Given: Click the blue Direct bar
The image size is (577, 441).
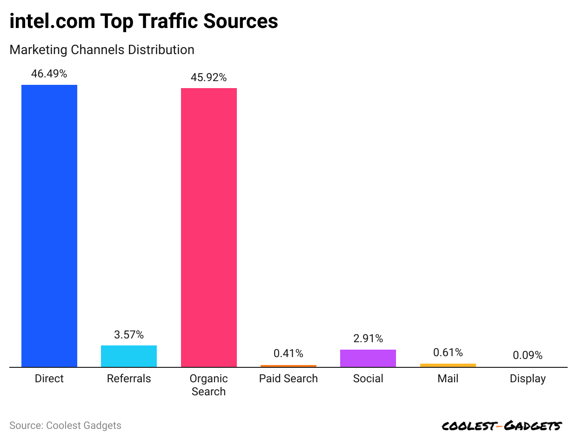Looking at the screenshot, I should click(x=49, y=226).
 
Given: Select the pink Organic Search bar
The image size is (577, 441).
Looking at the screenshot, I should click(x=208, y=227).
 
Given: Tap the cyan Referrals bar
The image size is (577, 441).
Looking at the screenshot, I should click(x=129, y=356).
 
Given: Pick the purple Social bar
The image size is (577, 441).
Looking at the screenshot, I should click(x=368, y=358).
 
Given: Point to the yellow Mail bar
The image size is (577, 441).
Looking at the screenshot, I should click(x=448, y=365).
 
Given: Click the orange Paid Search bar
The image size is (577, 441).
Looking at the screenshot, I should click(x=288, y=366).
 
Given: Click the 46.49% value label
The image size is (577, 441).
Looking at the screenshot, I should click(x=49, y=74).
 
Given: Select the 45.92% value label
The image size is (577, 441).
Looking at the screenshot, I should click(x=208, y=77).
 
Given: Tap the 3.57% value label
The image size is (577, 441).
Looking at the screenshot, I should click(x=129, y=335).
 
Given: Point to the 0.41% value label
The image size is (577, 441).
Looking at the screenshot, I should click(x=288, y=354).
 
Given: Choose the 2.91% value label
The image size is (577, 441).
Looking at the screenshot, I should click(x=368, y=338).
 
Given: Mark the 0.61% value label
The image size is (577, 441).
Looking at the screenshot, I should click(x=448, y=352).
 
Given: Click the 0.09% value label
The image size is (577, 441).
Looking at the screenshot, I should click(x=528, y=355).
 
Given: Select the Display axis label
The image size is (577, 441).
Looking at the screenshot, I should click(x=528, y=379).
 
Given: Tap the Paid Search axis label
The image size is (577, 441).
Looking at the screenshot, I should click(x=288, y=379).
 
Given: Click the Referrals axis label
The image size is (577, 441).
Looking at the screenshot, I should click(x=129, y=379).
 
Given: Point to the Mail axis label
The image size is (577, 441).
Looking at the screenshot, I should click(x=448, y=379).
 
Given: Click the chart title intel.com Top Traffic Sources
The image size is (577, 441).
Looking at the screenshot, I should click(x=144, y=21).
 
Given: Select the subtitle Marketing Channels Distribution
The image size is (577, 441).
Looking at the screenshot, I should click(x=102, y=49).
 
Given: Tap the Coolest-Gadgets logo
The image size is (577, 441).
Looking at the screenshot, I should click(x=502, y=426).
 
